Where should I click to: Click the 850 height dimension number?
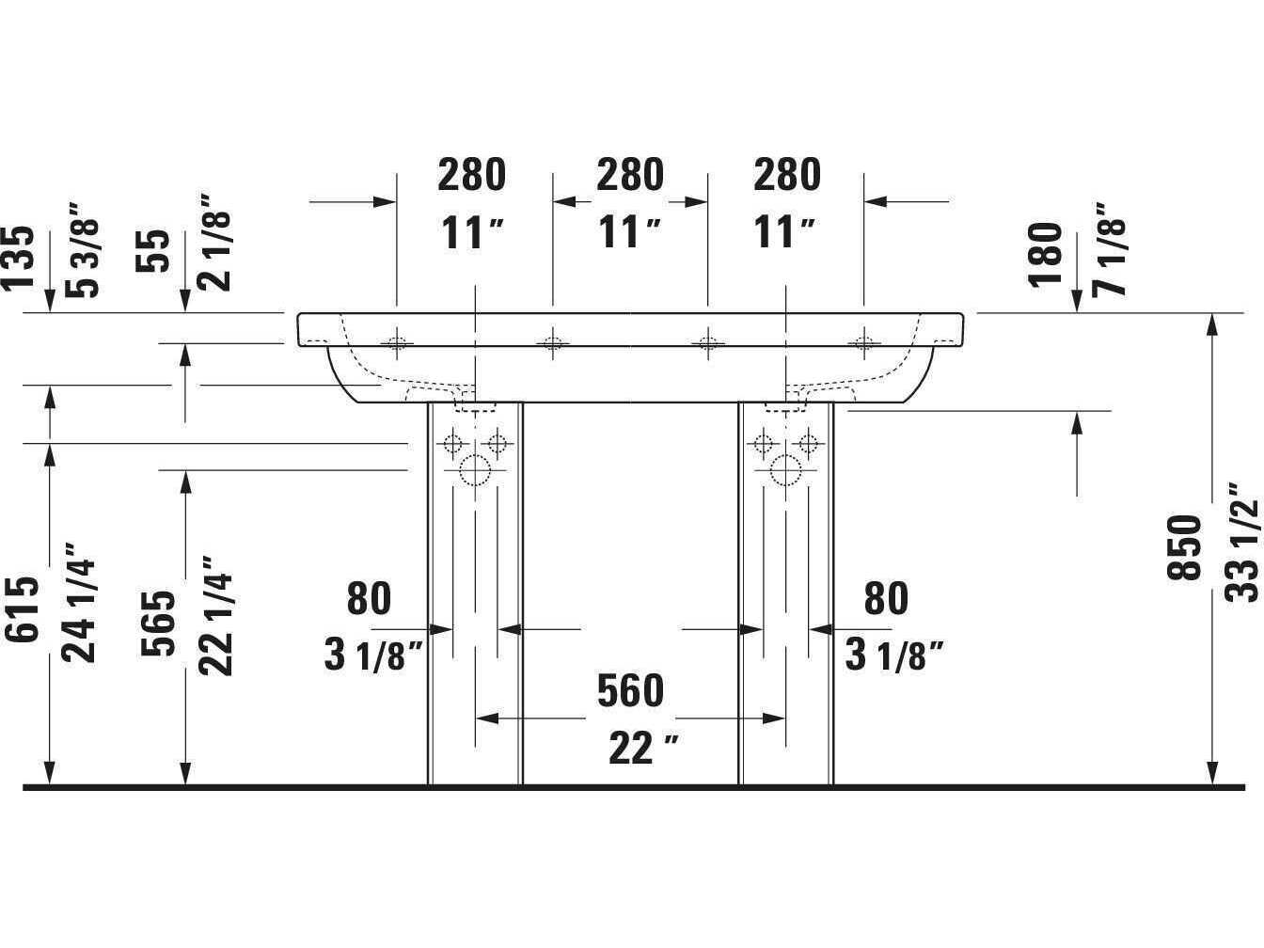pyautogui.click(x=1185, y=548)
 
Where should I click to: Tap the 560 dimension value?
pyautogui.click(x=630, y=690)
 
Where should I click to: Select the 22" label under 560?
pyautogui.click(x=643, y=749)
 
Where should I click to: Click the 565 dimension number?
pyautogui.click(x=158, y=624)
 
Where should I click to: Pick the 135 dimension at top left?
pyautogui.click(x=18, y=258)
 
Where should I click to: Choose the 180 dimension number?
pyautogui.click(x=1045, y=255)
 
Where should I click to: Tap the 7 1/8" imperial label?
pyautogui.click(x=1109, y=249)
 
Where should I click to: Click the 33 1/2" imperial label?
pyautogui.click(x=1242, y=543)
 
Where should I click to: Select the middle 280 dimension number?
pyautogui.click(x=630, y=175)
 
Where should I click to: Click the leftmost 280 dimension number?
pyautogui.click(x=471, y=175)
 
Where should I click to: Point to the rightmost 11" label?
pyautogui.click(x=783, y=232)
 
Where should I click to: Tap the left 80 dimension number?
pyautogui.click(x=369, y=599)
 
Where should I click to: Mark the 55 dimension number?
pyautogui.click(x=153, y=251)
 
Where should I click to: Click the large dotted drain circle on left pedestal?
pyautogui.click(x=475, y=469)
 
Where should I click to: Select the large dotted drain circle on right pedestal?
pyautogui.click(x=785, y=469)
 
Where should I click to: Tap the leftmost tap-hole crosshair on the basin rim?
pyautogui.click(x=397, y=343)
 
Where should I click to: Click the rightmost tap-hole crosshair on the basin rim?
pyautogui.click(x=863, y=343)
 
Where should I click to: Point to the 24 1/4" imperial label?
pyautogui.click(x=78, y=603)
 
